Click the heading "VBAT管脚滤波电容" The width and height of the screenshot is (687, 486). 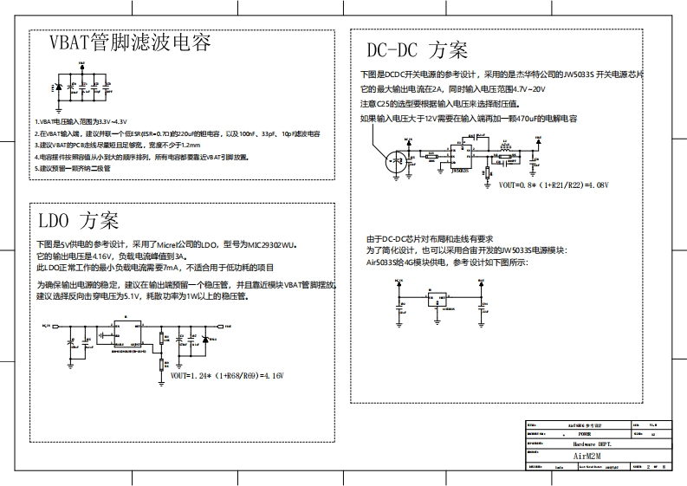pyautogui.click(x=130, y=42)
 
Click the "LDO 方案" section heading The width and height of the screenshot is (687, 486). pyautogui.click(x=78, y=220)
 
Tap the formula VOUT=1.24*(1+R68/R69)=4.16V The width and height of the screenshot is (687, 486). pyautogui.click(x=227, y=376)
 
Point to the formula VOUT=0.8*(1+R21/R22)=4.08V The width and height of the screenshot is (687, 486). pyautogui.click(x=554, y=185)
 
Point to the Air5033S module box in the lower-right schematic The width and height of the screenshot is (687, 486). pyautogui.click(x=438, y=300)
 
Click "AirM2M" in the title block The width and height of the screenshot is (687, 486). pyautogui.click(x=593, y=454)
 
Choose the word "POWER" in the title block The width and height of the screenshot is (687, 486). pyautogui.click(x=585, y=434)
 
